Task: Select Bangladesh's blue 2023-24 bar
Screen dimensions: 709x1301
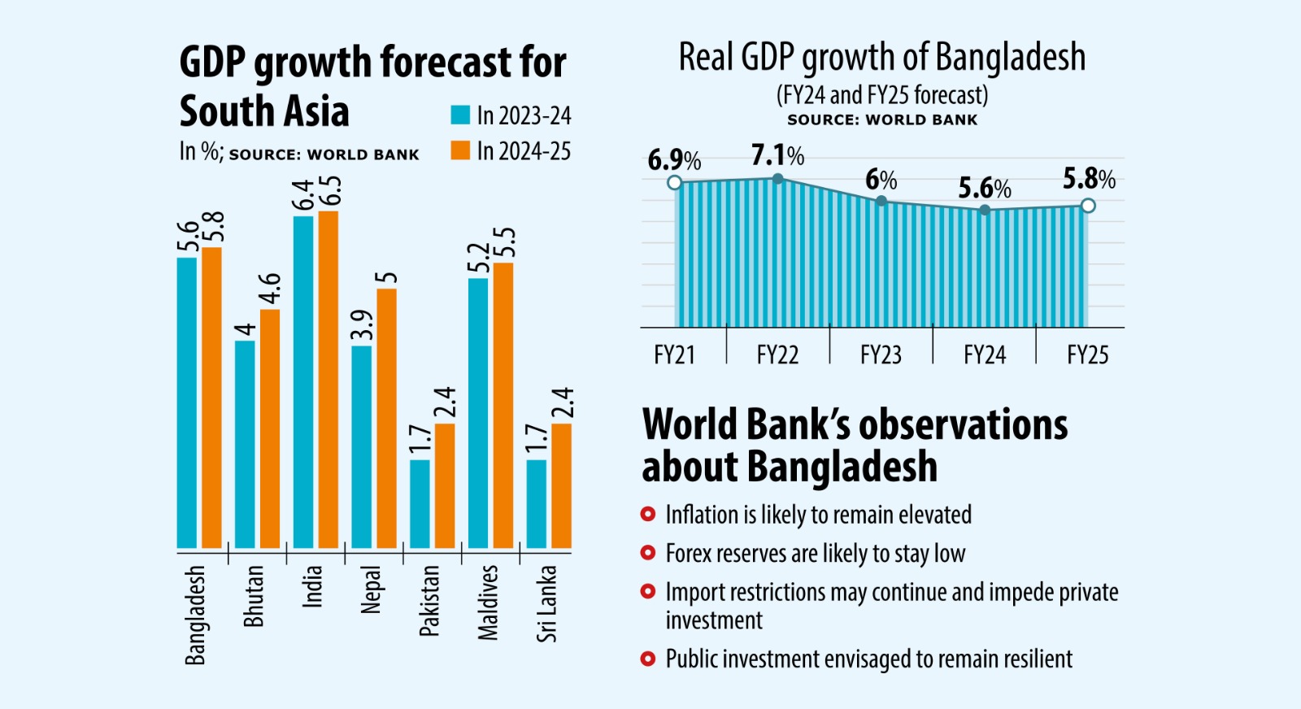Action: click(187, 402)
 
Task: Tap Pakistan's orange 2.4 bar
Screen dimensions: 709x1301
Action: click(445, 485)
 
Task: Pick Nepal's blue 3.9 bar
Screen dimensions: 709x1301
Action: click(362, 447)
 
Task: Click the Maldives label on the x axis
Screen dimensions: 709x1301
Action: click(488, 602)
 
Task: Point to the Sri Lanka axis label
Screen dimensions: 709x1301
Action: click(546, 604)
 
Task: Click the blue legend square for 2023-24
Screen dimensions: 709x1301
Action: click(460, 115)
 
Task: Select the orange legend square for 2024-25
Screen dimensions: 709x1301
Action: click(460, 150)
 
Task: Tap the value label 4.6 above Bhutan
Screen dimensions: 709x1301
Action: click(270, 289)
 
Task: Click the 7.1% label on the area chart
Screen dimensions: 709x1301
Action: click(777, 154)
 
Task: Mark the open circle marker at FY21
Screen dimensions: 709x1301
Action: click(674, 182)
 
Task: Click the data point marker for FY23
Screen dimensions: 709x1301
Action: click(881, 200)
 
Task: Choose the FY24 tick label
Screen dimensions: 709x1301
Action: click(985, 355)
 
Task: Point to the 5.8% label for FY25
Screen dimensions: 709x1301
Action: click(1089, 179)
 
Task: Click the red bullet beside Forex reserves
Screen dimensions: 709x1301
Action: click(648, 553)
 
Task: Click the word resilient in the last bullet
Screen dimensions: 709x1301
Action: click(1038, 659)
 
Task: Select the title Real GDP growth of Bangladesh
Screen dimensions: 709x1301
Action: click(882, 58)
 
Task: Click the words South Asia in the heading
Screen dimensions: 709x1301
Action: click(264, 111)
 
